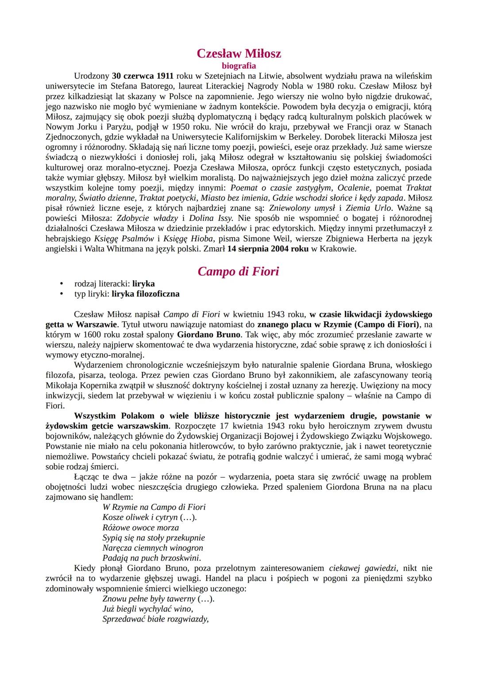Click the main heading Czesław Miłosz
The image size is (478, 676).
(239, 54)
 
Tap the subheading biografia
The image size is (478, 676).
(239, 66)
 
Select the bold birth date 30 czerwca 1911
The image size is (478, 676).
(143, 76)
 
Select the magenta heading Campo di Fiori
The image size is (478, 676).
(239, 271)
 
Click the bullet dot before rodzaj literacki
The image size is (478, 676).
(62, 284)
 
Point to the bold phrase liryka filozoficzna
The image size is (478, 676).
(146, 294)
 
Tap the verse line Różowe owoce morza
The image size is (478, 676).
(141, 527)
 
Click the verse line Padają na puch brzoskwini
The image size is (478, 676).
(151, 558)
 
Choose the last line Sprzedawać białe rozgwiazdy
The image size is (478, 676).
(155, 619)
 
